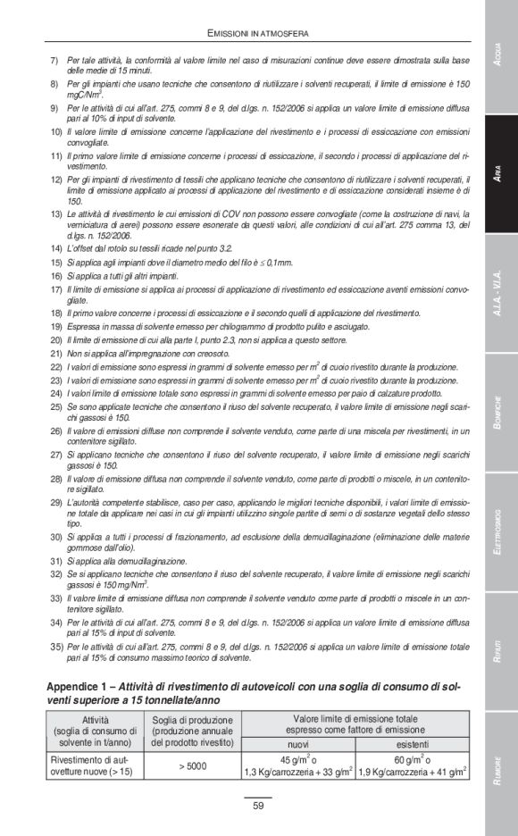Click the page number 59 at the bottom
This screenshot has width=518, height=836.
(x=258, y=806)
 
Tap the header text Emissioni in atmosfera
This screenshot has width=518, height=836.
(x=258, y=34)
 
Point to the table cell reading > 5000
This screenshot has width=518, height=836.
(x=192, y=765)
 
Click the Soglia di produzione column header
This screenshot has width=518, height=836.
(x=192, y=731)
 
